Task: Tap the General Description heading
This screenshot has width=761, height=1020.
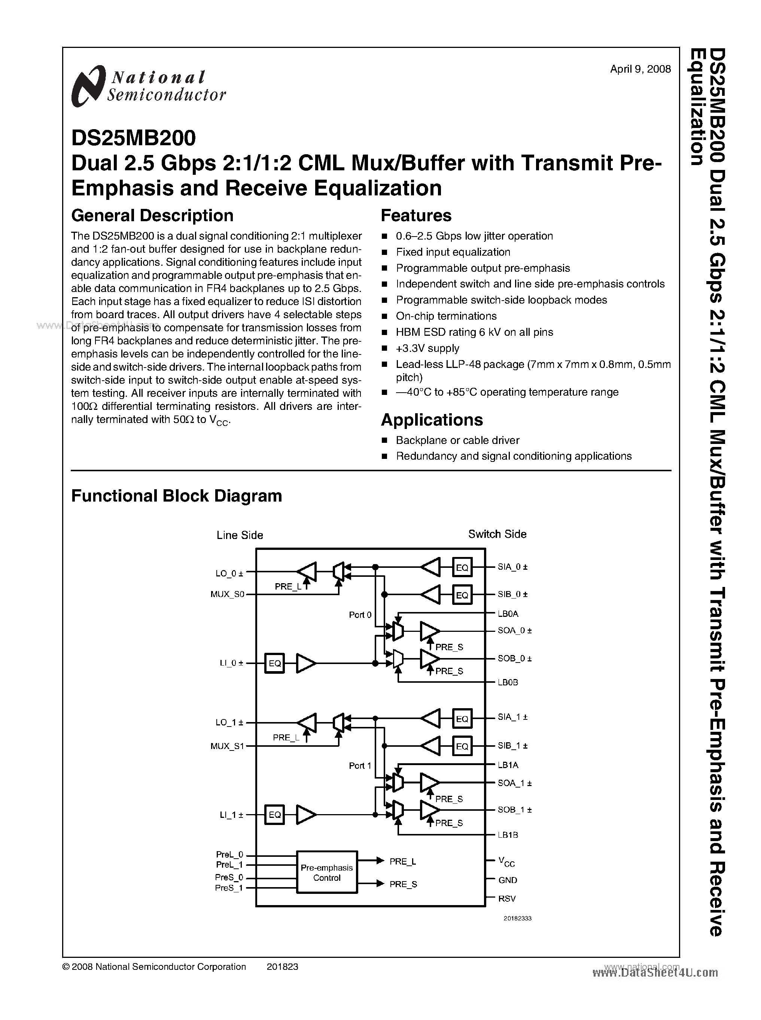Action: pyautogui.click(x=152, y=216)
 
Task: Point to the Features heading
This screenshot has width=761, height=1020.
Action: pyautogui.click(x=416, y=216)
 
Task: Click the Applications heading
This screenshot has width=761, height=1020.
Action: pyautogui.click(x=432, y=420)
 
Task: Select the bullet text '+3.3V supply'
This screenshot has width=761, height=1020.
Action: pyautogui.click(x=427, y=348)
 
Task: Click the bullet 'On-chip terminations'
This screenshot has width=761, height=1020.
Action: pyautogui.click(x=446, y=316)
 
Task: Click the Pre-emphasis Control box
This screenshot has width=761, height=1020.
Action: pyautogui.click(x=327, y=873)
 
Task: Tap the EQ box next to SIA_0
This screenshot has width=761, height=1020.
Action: pyautogui.click(x=462, y=567)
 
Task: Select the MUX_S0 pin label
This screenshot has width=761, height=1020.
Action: pyautogui.click(x=227, y=594)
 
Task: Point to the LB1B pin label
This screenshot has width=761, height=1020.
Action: pyautogui.click(x=508, y=835)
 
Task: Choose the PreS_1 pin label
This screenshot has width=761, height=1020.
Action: pyautogui.click(x=228, y=888)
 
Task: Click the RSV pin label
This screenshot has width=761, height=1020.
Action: pyautogui.click(x=507, y=898)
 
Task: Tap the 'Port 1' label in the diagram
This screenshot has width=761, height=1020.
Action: pyautogui.click(x=360, y=766)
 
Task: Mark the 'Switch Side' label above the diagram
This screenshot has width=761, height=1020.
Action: pyautogui.click(x=497, y=535)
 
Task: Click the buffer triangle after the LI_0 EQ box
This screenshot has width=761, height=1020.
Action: pyautogui.click(x=305, y=663)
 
